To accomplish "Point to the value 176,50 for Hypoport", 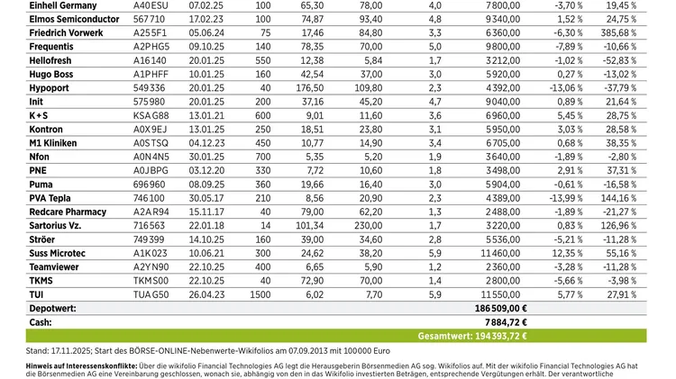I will click(310, 87).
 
